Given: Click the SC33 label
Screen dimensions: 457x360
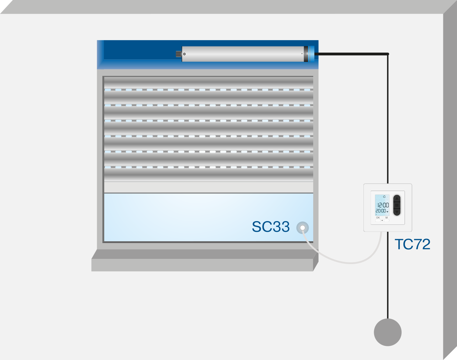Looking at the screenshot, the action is click(271, 227).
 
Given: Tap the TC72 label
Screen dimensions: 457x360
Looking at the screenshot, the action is click(413, 244).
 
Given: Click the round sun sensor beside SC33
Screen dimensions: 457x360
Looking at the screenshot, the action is click(303, 228).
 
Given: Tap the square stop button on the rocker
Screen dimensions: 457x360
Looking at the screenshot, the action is click(397, 205).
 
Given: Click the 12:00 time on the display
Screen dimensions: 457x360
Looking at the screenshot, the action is click(383, 205).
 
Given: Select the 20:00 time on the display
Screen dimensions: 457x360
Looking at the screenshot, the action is click(381, 211).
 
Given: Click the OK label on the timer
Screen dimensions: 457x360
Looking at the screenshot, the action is click(378, 217).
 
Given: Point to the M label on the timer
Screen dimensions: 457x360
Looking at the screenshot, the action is click(387, 217).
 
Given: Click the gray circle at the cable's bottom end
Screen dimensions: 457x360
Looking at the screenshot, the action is click(388, 332).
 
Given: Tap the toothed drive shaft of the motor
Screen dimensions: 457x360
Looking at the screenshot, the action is click(179, 54).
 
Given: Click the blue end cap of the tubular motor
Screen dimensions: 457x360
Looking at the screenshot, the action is click(312, 54).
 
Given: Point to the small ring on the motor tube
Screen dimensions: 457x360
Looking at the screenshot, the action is click(184, 54).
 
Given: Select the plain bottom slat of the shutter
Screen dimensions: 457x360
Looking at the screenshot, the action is click(208, 187).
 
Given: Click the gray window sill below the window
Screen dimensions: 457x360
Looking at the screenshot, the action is click(205, 260).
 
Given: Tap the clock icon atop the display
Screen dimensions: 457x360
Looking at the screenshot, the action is click(384, 197).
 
